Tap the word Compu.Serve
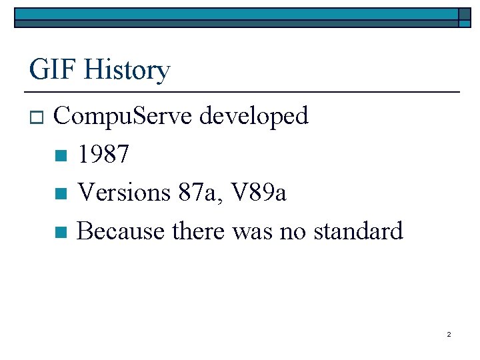[123, 117]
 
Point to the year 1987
[103, 155]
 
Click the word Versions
[125, 193]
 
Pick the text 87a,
[201, 193]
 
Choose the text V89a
[259, 193]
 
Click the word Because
[121, 231]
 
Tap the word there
[199, 231]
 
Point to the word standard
[358, 231]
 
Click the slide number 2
[449, 334]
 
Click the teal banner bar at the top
[233, 13]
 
